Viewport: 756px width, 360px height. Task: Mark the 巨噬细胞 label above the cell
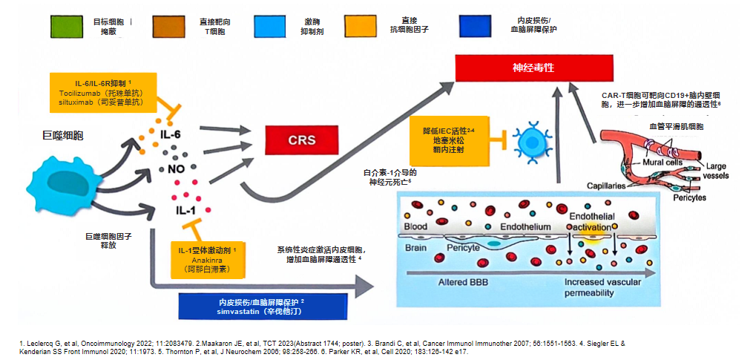pyautogui.click(x=64, y=137)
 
